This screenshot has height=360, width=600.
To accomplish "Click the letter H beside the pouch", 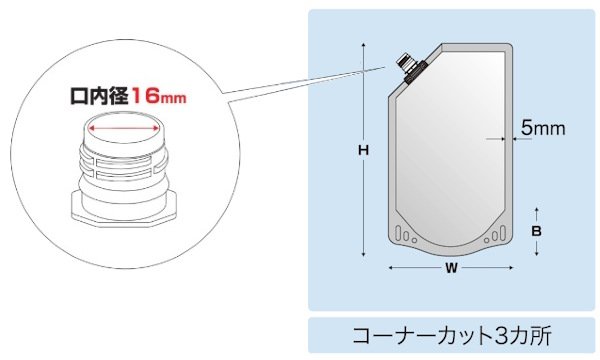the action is click(365, 150).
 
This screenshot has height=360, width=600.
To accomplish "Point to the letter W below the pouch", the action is click(451, 268).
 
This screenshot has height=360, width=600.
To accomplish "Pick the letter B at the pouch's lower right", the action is click(537, 230).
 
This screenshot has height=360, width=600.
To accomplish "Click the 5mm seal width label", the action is click(544, 128).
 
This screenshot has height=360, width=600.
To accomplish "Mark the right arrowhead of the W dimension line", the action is click(514, 268).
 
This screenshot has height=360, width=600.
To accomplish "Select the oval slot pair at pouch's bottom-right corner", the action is click(491, 236).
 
